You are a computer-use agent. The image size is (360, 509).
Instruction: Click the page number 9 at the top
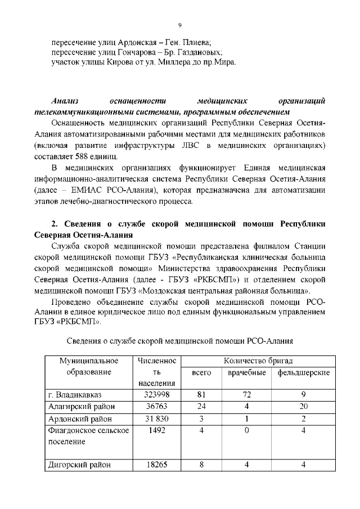[x=180, y=24]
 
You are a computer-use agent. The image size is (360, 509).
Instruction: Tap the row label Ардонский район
[x=80, y=419]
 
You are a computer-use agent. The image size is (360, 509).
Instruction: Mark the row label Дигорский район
[x=80, y=465]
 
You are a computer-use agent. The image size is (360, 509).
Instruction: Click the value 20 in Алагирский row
[x=303, y=407]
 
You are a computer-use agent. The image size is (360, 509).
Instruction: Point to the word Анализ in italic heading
[x=64, y=101]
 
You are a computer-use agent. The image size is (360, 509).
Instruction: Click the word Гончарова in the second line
[x=131, y=52]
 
